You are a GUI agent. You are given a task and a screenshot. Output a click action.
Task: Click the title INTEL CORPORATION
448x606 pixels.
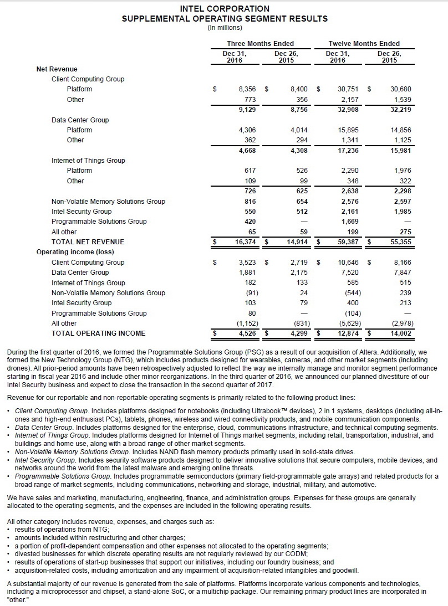point(225,9)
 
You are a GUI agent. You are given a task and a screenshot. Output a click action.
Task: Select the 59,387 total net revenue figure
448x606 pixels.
point(342,242)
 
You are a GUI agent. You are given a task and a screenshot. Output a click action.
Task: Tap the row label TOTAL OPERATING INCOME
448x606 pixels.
point(98,333)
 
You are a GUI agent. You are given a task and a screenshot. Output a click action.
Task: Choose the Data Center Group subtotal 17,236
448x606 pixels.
point(342,150)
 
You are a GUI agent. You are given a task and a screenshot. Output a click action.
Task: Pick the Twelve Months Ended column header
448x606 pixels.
point(364,44)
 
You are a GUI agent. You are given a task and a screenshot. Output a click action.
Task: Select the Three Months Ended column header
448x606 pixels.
point(260,44)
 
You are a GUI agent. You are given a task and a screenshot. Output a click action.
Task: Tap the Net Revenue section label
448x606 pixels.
point(57,69)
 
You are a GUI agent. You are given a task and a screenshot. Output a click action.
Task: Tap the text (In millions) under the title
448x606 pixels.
point(225,27)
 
